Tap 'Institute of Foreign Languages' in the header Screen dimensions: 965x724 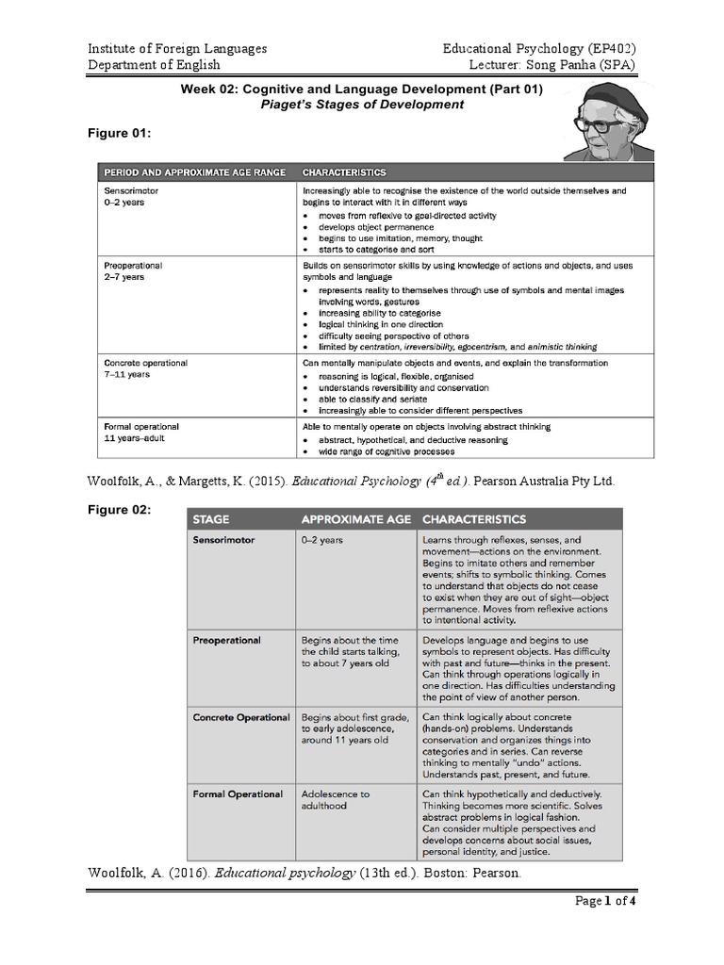(x=177, y=48)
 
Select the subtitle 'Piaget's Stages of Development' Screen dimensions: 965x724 (x=362, y=105)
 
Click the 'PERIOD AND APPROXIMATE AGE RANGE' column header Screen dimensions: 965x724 (x=192, y=173)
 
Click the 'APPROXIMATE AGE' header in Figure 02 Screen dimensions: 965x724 (x=354, y=519)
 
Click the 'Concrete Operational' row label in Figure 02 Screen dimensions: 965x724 (x=241, y=718)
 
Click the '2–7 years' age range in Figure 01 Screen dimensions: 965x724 (x=124, y=278)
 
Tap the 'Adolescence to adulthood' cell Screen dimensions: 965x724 (x=336, y=800)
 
